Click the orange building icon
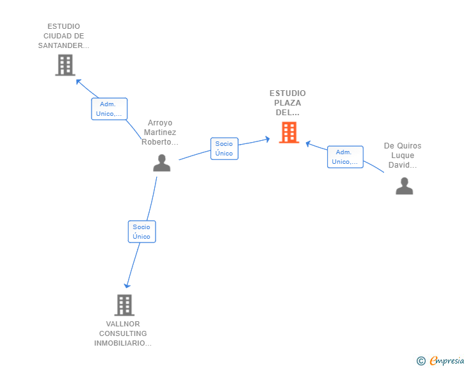(289, 132)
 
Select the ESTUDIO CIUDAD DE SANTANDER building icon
(65, 65)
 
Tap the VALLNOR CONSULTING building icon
(124, 305)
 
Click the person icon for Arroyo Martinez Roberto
(162, 163)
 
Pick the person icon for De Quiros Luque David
(404, 186)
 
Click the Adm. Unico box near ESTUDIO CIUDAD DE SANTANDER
(109, 109)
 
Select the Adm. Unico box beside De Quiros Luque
(345, 157)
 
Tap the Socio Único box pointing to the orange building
(225, 148)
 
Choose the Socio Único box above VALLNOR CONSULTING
(141, 232)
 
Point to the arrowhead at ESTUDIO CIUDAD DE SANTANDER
(78, 81)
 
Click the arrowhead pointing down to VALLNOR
(127, 285)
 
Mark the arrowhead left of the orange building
(268, 139)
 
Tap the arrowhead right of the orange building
(308, 144)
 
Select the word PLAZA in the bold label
(287, 103)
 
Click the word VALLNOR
(123, 324)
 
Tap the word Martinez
(160, 132)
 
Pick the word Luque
(403, 156)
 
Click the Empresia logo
(440, 360)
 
